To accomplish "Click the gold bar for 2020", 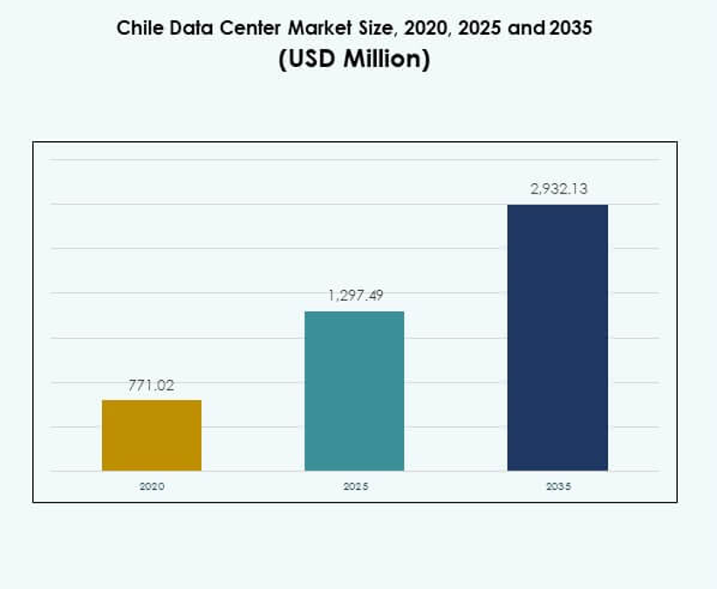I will coord(152,435).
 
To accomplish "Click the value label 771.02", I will coord(152,385).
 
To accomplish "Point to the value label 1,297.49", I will coord(355,296).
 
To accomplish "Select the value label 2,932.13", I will coord(557,189).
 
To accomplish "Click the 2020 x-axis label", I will coord(152,486).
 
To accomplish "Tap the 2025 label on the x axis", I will coord(355,486).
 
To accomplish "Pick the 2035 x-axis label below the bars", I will coord(558,486).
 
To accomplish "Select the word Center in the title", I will coord(242,28).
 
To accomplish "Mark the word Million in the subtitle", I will coord(382,60).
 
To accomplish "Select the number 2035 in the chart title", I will coord(571,28).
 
